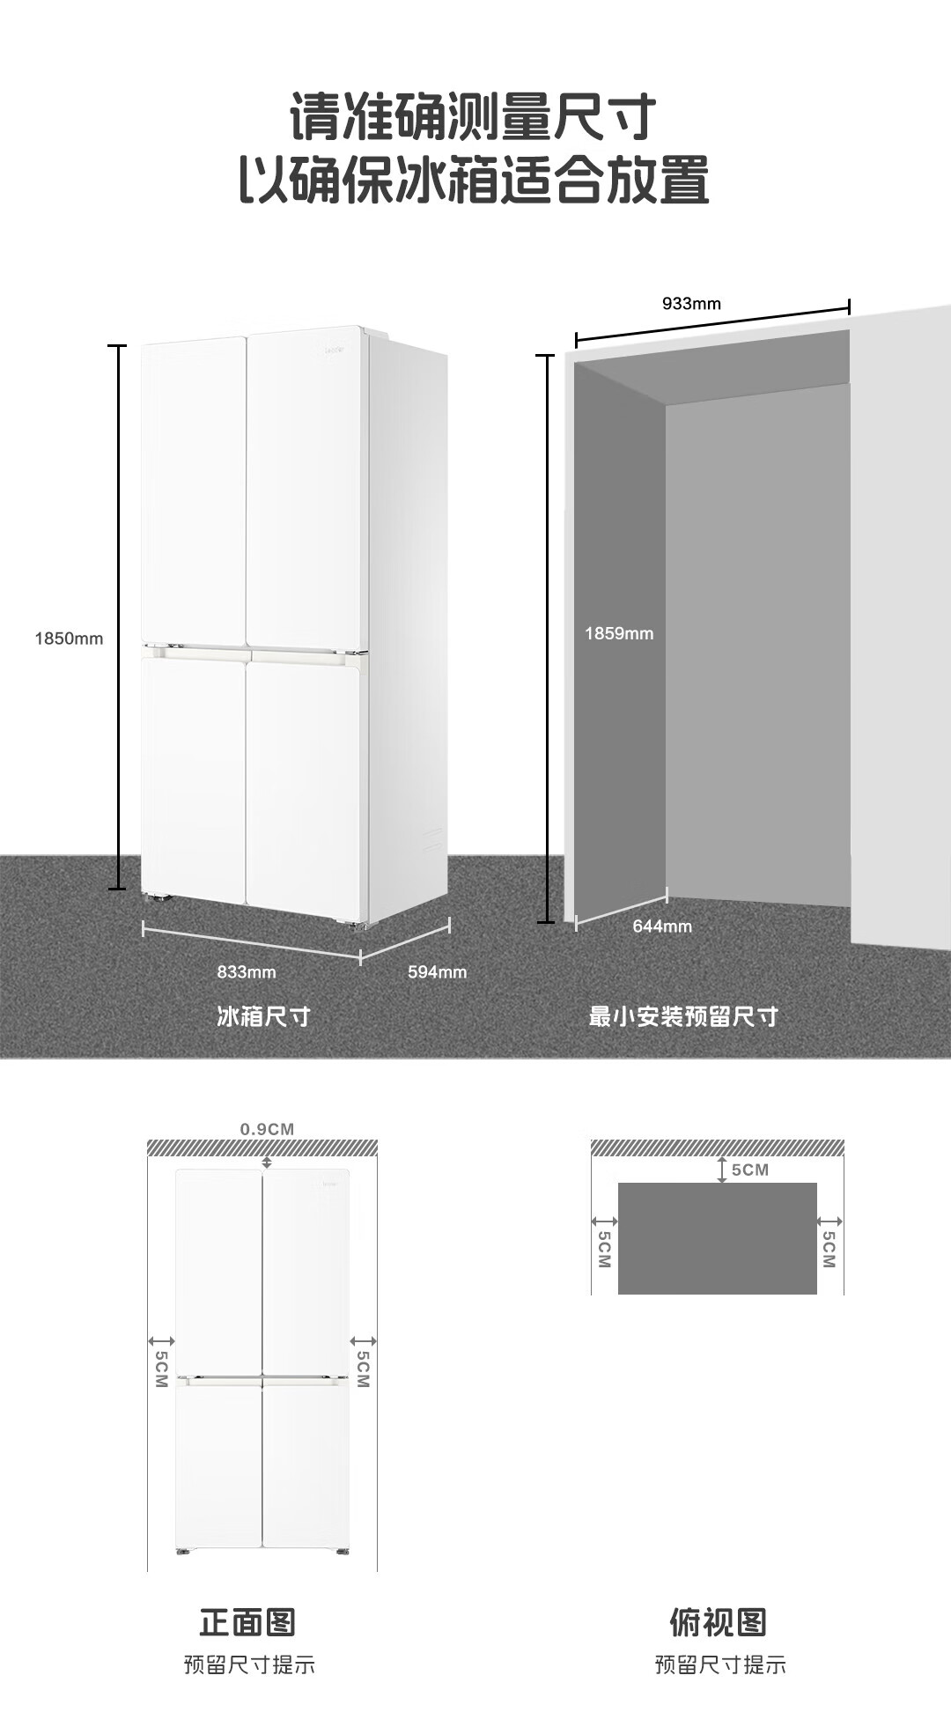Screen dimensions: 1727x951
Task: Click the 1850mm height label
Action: coord(69,638)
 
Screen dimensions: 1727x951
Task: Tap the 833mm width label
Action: coord(247,971)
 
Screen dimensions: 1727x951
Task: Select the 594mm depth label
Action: coord(437,971)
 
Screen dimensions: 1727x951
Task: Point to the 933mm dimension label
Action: coord(691,304)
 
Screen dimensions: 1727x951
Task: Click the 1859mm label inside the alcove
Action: coord(619,633)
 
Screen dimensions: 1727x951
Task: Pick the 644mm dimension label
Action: coord(662,926)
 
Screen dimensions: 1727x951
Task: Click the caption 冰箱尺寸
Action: coord(263,1016)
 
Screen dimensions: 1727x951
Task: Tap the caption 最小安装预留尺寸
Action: coord(683,1016)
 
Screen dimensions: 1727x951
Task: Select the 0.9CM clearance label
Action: coord(267,1129)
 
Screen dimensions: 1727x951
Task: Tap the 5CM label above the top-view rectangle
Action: coord(749,1170)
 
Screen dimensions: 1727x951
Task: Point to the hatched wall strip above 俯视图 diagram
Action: coord(717,1148)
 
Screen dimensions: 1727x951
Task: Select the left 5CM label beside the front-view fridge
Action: coord(161,1369)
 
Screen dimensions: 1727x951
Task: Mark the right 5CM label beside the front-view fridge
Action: coord(363,1369)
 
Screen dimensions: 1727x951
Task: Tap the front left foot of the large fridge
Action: coord(159,899)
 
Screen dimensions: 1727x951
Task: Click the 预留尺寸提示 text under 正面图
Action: coord(249,1664)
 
